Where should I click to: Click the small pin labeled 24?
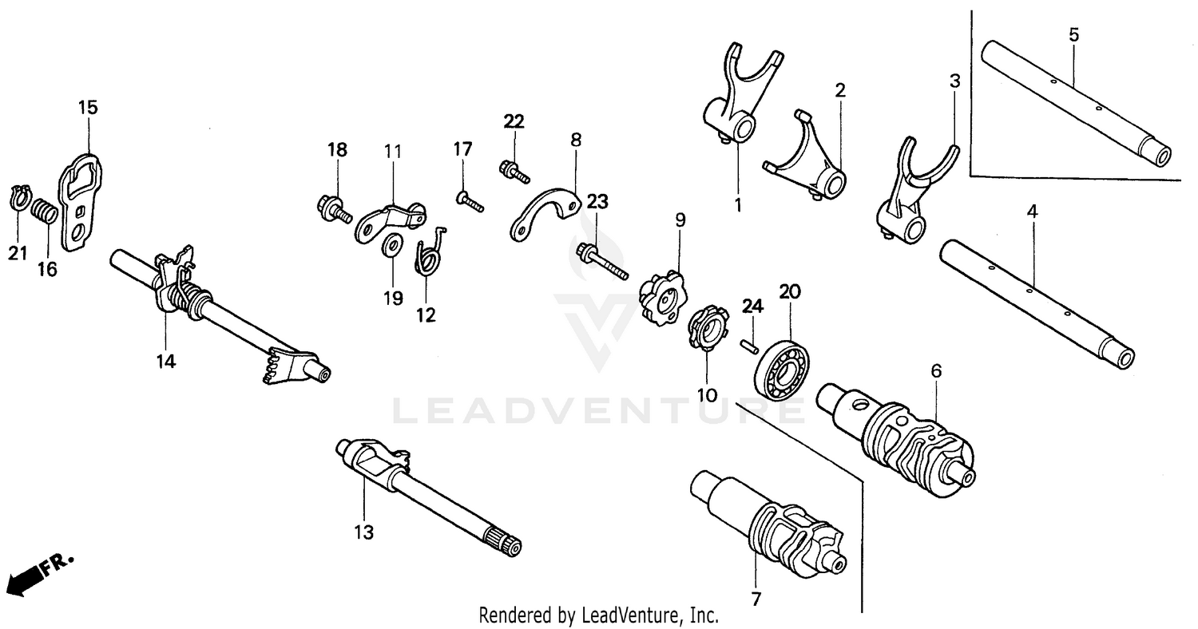pos(748,344)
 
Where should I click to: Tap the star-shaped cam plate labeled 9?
pos(662,298)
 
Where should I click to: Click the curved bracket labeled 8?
pos(545,213)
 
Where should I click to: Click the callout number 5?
pos(1073,34)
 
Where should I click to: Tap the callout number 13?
pos(364,532)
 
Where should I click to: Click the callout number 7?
pos(756,597)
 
